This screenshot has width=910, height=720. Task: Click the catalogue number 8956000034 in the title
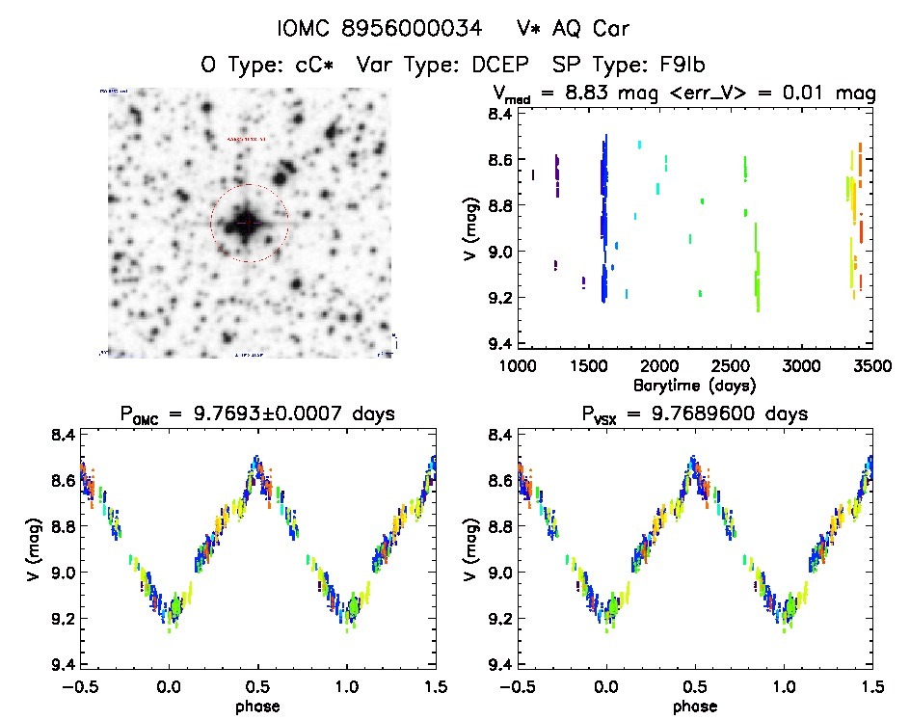[396, 29]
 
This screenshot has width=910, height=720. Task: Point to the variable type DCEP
[497, 66]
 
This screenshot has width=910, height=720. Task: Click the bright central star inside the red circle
[248, 224]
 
